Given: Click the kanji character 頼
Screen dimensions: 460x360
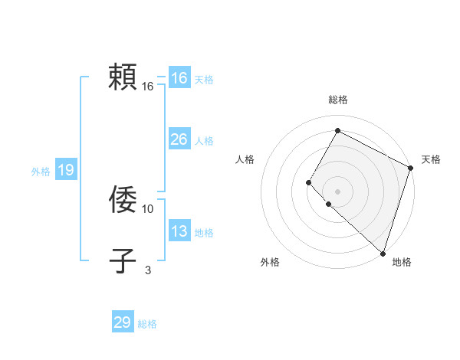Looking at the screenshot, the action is click(x=123, y=77).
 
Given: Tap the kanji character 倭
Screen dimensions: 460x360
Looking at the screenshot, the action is click(x=123, y=199).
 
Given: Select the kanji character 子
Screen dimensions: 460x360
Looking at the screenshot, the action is click(x=123, y=261).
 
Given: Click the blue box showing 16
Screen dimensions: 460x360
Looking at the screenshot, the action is click(x=179, y=78).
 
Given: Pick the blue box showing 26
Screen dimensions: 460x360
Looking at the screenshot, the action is click(x=179, y=139).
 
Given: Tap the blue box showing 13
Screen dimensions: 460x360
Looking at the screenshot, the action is click(x=179, y=231).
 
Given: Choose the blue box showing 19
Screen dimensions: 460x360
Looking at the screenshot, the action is click(x=66, y=170).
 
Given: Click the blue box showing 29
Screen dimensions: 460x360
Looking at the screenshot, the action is click(x=123, y=322).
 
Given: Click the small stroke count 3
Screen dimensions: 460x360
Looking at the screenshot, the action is click(x=148, y=270).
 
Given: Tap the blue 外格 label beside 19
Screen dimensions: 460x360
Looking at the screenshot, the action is click(x=41, y=172).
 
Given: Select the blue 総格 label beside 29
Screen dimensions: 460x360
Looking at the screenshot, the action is click(x=147, y=324).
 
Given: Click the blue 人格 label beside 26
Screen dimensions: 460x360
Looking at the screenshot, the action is click(x=204, y=141).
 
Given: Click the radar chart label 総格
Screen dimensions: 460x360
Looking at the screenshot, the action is click(x=337, y=100).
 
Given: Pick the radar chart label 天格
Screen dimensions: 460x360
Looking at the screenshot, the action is click(x=431, y=159).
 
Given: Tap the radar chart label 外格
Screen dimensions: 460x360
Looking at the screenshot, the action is click(x=270, y=262).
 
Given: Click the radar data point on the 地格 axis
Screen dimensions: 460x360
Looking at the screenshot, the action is click(x=383, y=253).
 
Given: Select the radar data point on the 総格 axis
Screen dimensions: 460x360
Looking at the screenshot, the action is click(x=337, y=131).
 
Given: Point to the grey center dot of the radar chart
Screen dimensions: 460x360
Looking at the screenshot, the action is click(x=337, y=191).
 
